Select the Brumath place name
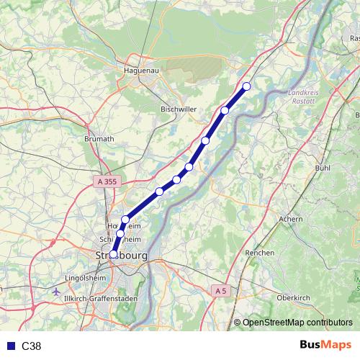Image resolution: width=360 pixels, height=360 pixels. click(x=99, y=138)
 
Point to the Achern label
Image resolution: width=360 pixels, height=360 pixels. click(x=290, y=218)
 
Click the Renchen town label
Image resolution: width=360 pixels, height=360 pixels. click(x=259, y=253)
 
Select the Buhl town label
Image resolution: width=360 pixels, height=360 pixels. click(x=323, y=168)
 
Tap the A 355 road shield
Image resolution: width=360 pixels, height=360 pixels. click(x=105, y=182)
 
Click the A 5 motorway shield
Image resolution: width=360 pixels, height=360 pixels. click(x=220, y=290)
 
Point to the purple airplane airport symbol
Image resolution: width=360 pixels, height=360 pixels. click(x=57, y=292)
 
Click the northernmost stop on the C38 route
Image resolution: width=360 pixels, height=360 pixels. click(x=246, y=86)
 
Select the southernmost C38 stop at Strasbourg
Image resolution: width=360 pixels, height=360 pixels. click(x=114, y=253)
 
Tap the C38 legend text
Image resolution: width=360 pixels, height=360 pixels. click(x=32, y=346)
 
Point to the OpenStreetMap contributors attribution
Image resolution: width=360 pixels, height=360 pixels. click(x=295, y=323)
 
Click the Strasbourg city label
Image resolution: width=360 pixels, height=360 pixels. click(x=122, y=256)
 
